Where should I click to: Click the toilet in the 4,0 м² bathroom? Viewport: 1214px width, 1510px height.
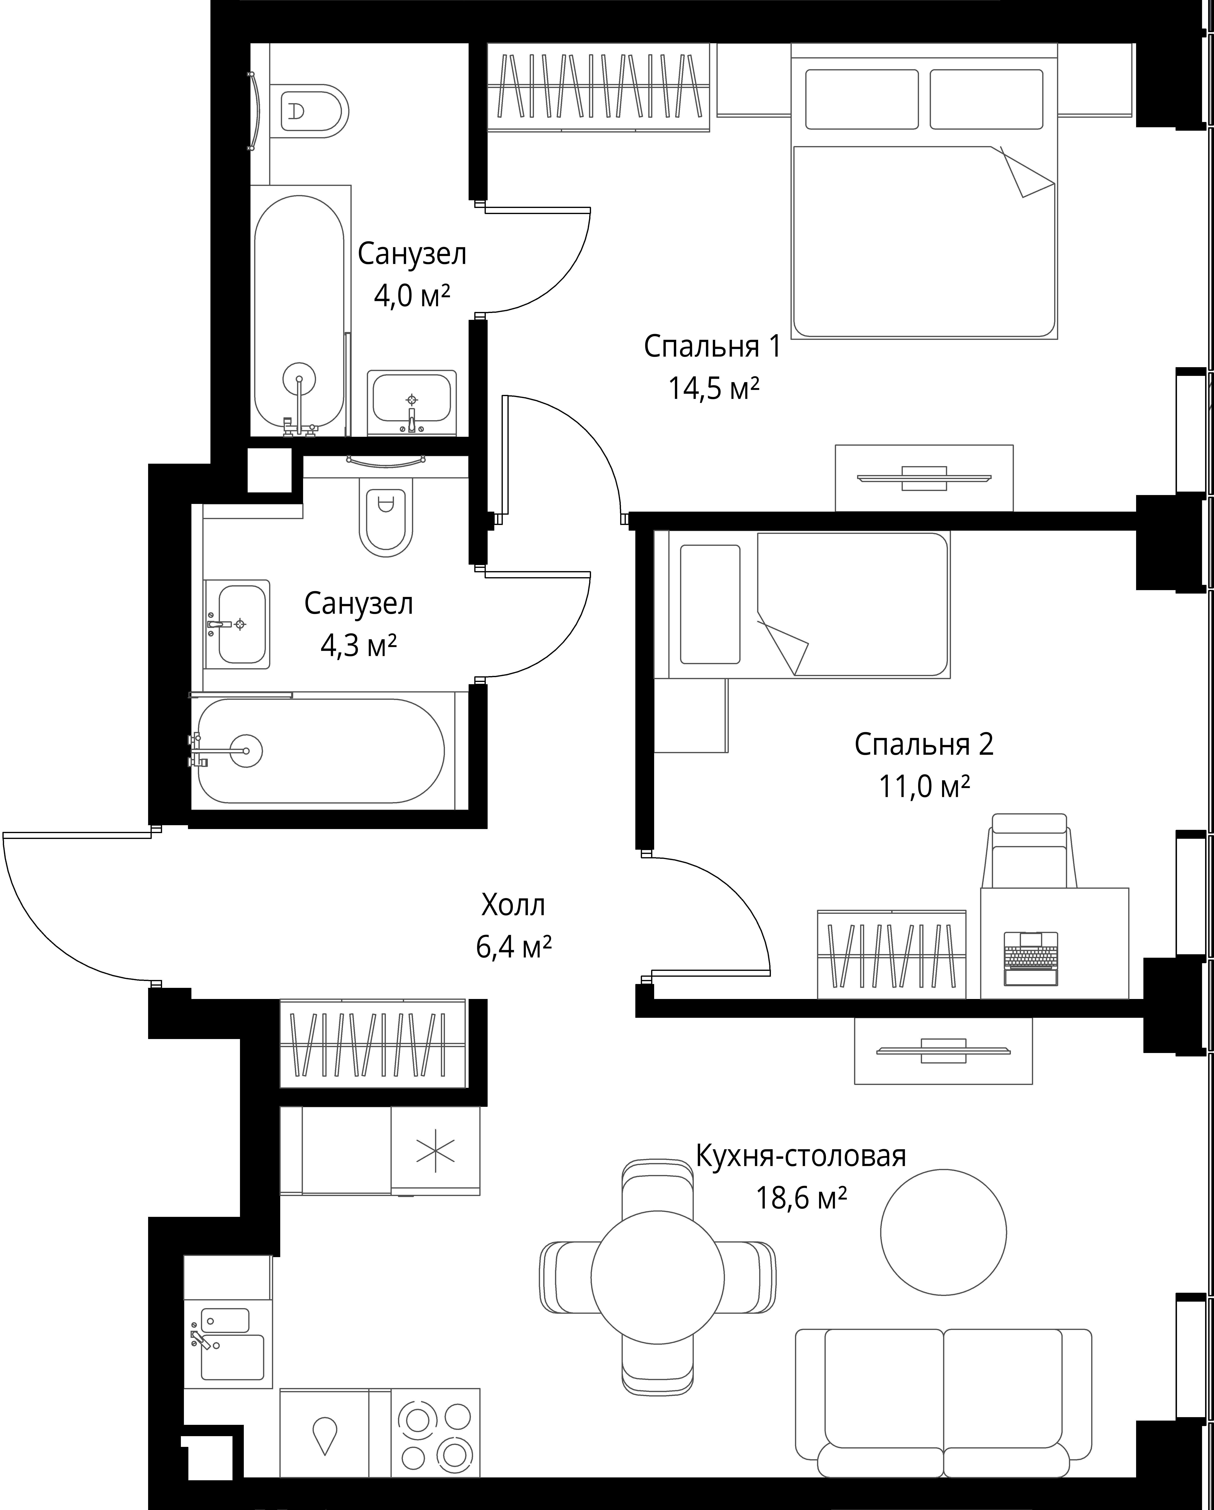pos(314,110)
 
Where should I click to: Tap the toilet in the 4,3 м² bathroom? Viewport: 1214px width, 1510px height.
pos(385,517)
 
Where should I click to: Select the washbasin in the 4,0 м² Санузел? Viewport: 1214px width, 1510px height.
pos(412,403)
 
